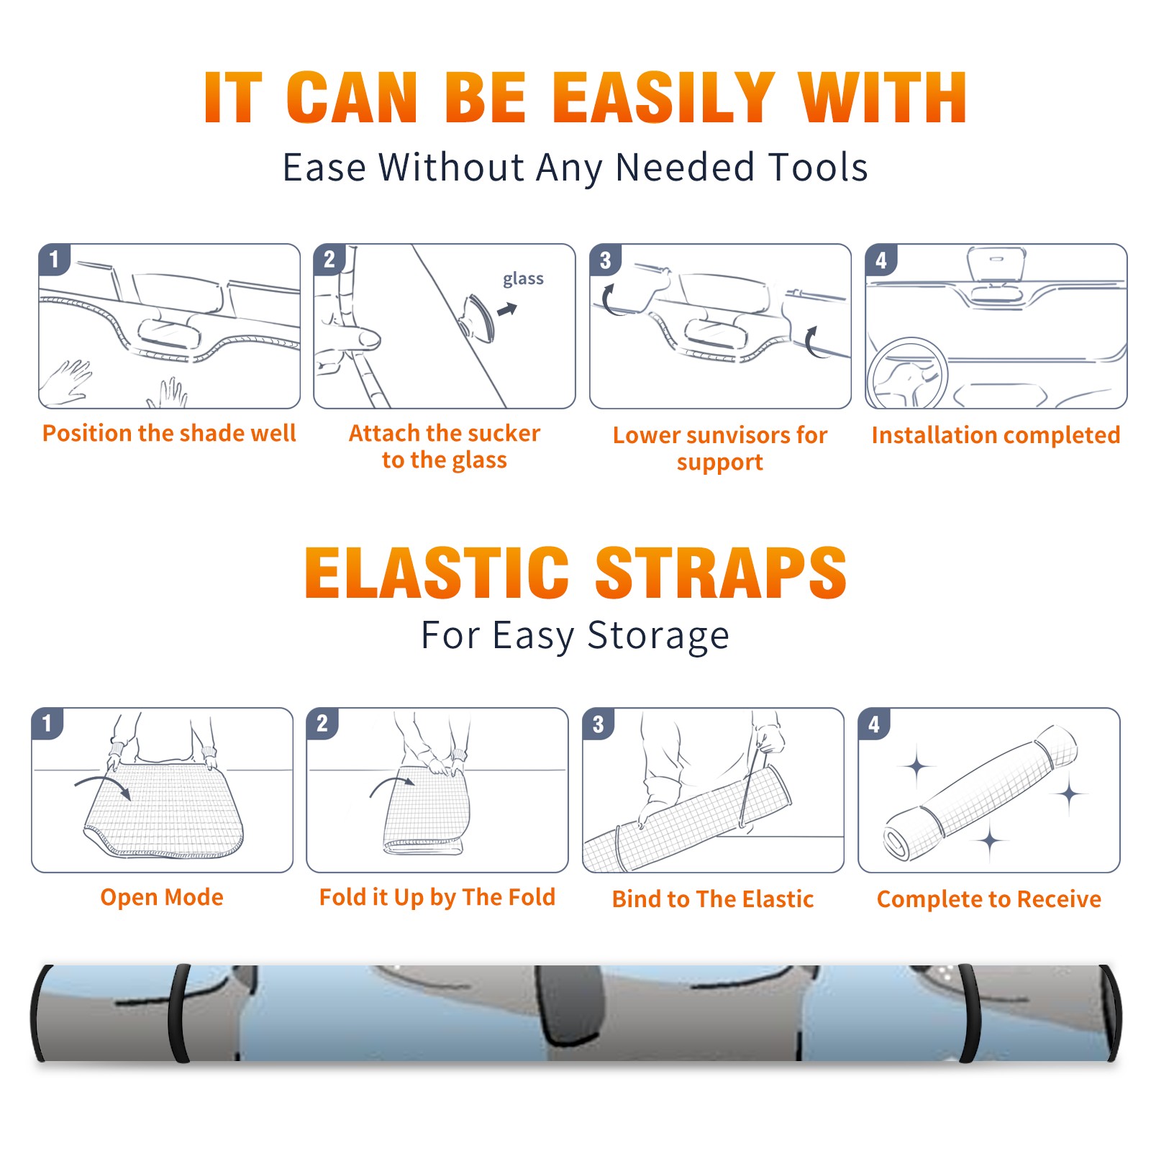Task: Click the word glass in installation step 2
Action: point(523,279)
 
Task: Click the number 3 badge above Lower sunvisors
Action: point(605,260)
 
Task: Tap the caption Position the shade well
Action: point(169,433)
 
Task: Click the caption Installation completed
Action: point(996,435)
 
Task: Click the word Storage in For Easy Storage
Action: point(658,636)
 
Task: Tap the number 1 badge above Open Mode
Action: point(47,723)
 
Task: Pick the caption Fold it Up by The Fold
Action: point(437,897)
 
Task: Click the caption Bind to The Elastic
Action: point(713,899)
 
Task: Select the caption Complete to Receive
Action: point(989,899)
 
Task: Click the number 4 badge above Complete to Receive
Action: point(874,724)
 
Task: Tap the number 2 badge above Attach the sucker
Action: point(329,260)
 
